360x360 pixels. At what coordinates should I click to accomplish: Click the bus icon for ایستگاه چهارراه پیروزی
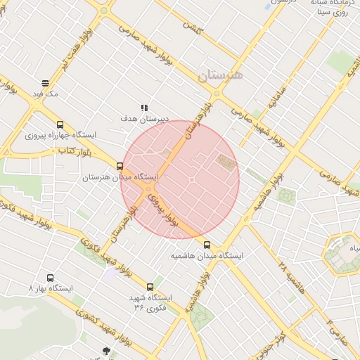[x=60, y=124]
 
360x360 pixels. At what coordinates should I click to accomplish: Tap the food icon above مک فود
[x=45, y=83]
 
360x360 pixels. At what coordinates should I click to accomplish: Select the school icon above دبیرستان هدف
[x=144, y=108]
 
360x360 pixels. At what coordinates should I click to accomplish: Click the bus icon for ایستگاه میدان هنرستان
[x=120, y=167]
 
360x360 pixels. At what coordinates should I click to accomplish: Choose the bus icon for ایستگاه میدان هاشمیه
[x=207, y=245]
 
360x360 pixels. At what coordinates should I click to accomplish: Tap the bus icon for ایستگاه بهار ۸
[x=50, y=278]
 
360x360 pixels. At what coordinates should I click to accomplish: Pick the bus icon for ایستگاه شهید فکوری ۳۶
[x=150, y=287]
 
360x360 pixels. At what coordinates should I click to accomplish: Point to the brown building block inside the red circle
[x=225, y=162]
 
